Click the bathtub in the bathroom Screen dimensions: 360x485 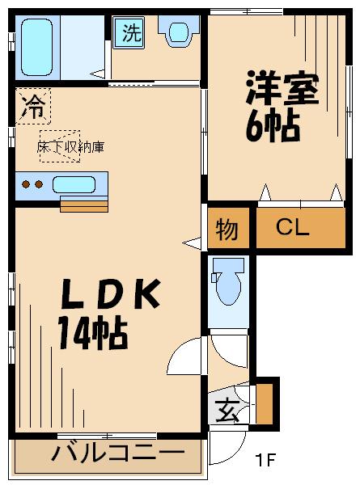point(37,47)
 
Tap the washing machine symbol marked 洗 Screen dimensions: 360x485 point(129,32)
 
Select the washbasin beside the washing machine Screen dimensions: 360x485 point(178,31)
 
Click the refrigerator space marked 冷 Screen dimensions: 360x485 point(33,106)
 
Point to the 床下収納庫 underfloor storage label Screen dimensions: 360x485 point(70,147)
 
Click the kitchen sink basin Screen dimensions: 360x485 point(74,184)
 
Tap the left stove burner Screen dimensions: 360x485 point(26,184)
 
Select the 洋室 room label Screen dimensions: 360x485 point(282,87)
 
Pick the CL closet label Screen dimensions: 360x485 point(293,227)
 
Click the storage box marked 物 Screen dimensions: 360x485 point(228,228)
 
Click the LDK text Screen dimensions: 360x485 point(111,294)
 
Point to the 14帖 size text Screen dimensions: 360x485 point(93,334)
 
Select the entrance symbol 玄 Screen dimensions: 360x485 point(227,411)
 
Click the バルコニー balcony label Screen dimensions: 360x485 point(117,453)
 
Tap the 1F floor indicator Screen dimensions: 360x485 point(265,460)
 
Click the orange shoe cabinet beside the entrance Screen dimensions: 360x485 point(265,404)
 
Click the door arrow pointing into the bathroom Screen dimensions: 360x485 point(98,74)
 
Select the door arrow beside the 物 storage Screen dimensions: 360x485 point(192,242)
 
